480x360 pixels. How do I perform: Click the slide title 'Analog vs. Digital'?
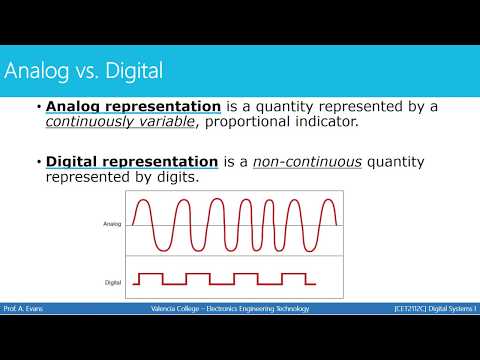84,72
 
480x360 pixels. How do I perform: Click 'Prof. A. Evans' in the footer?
24,309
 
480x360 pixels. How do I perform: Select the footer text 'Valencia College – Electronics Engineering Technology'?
223,309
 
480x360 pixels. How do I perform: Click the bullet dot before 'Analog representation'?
38,107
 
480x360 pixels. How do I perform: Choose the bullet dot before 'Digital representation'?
38,161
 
